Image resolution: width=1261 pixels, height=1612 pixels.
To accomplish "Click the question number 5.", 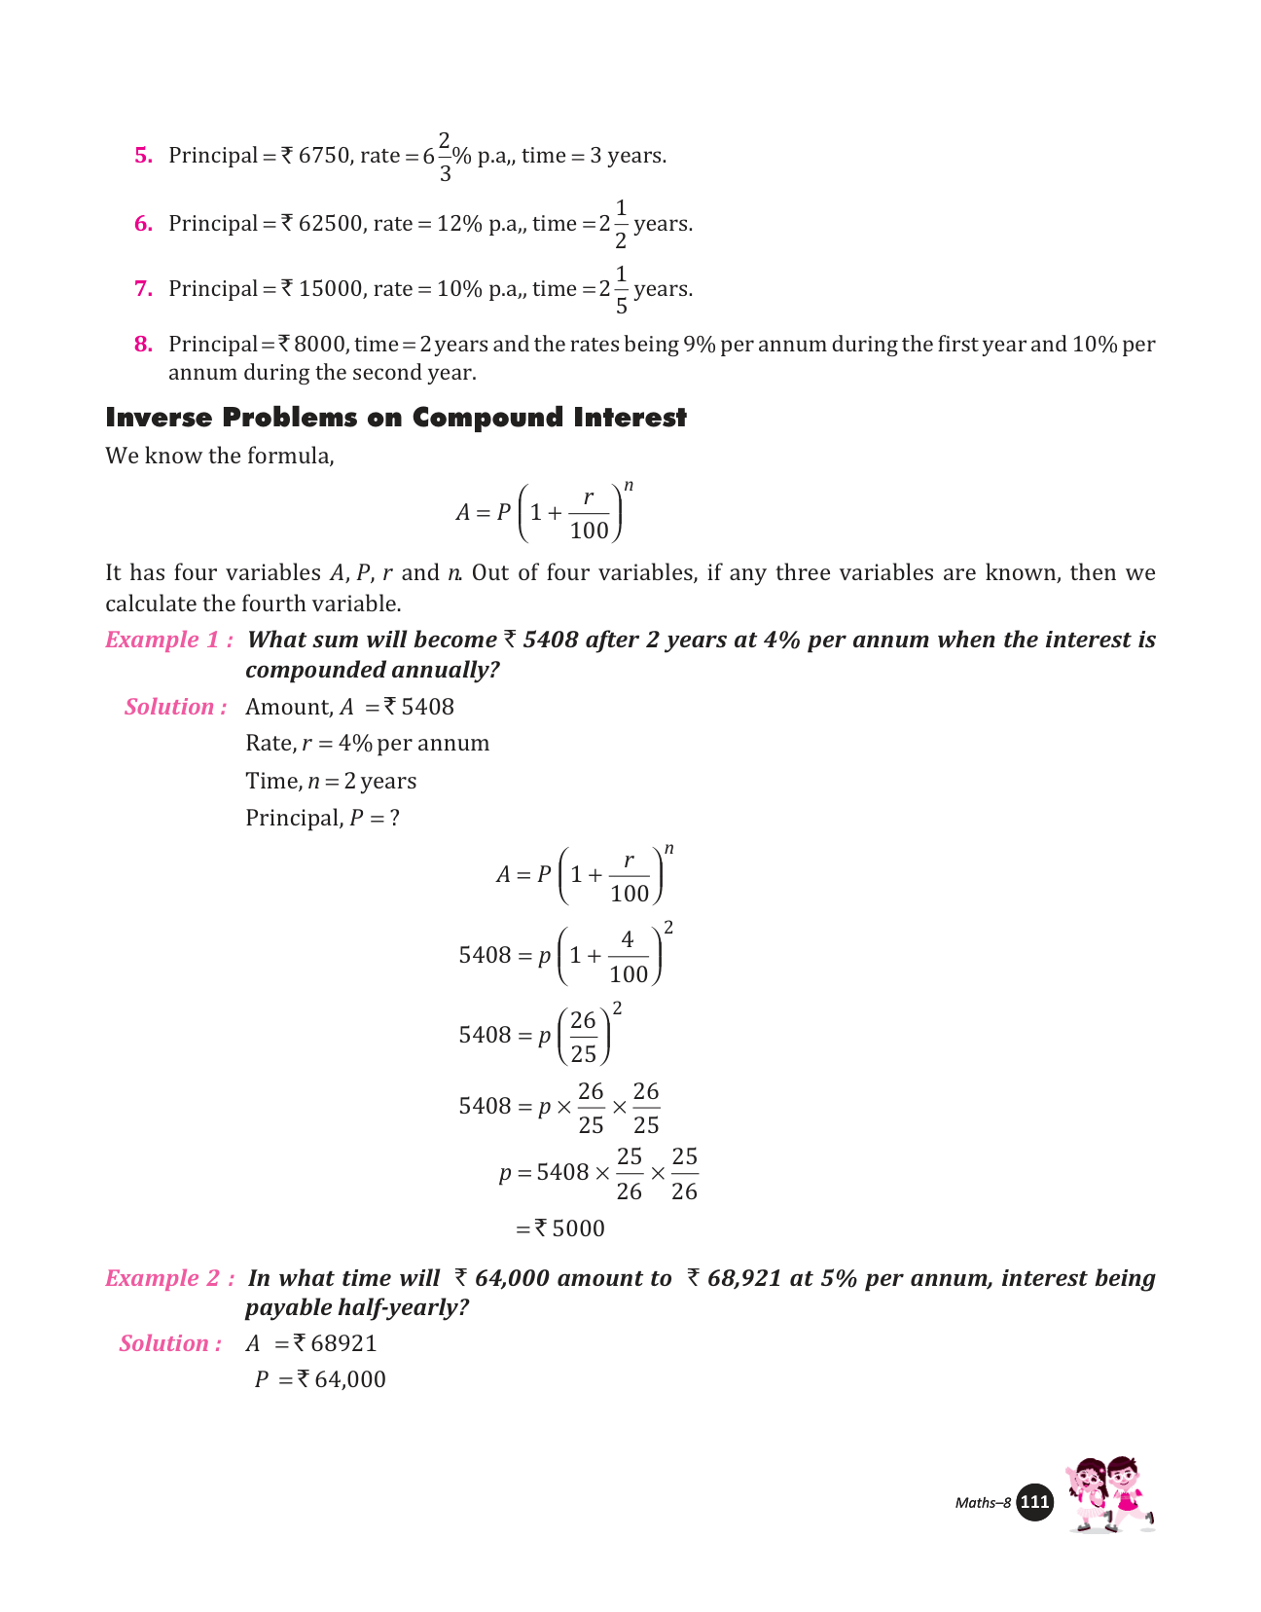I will tap(143, 156).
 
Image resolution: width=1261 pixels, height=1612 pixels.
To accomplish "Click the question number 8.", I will tap(143, 345).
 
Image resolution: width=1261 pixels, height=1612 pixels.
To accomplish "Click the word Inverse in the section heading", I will tap(159, 418).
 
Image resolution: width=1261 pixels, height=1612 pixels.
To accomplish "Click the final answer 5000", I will tap(578, 1229).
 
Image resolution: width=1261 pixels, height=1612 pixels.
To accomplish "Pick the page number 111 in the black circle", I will tap(1034, 1503).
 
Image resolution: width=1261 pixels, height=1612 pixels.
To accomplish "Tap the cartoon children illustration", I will tap(1110, 1495).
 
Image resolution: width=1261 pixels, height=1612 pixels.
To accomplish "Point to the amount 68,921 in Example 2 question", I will tap(744, 1279).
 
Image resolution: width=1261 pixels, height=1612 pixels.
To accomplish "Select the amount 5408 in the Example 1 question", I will tap(551, 641).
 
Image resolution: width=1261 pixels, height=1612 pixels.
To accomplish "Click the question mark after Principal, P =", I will tap(394, 819).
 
